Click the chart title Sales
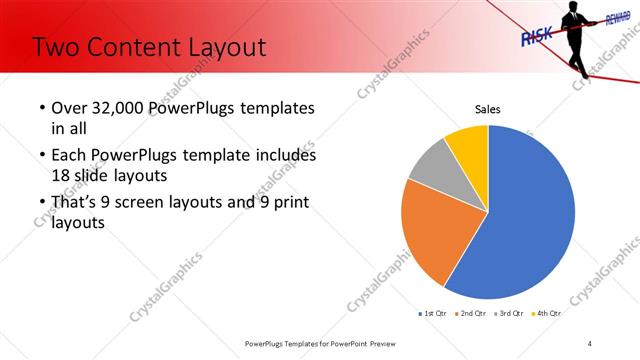pos(487,109)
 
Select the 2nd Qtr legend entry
pos(474,313)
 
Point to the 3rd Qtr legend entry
pos(511,313)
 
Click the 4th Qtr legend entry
pos(547,313)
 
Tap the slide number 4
pos(589,343)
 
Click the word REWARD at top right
pos(612,19)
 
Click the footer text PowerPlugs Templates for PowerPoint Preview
pos(319,343)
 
